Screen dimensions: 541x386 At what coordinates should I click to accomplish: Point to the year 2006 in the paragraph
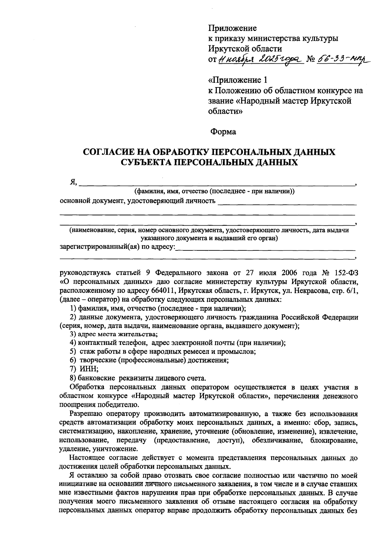[x=290, y=273]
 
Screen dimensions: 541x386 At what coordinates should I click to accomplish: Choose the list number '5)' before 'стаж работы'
[x=72, y=351]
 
